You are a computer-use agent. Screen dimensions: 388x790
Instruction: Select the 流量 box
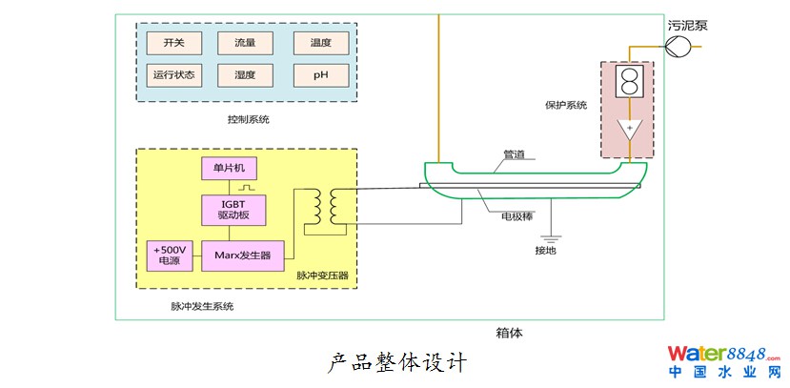click(x=244, y=43)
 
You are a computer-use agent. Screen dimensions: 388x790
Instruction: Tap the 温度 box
click(x=320, y=43)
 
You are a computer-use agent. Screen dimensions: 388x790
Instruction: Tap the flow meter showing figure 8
click(x=628, y=82)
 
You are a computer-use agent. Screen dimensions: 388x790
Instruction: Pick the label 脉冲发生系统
click(x=202, y=307)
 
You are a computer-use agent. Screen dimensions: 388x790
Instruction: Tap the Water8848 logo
click(x=723, y=360)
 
